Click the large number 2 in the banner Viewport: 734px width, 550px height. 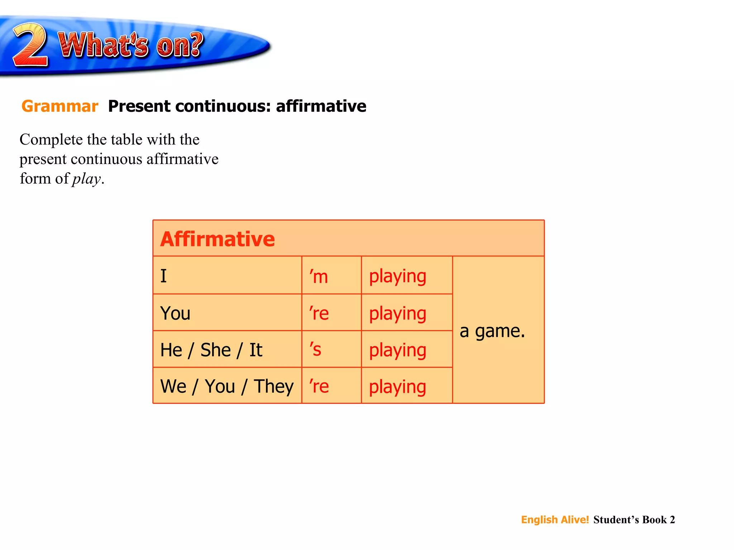click(x=30, y=45)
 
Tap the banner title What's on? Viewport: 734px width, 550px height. click(x=131, y=45)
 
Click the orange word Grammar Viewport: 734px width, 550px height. click(x=59, y=106)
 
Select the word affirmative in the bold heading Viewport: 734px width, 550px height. click(x=321, y=106)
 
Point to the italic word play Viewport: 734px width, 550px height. click(x=86, y=179)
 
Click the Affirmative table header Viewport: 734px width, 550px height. click(x=218, y=239)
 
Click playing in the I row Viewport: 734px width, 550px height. click(x=397, y=277)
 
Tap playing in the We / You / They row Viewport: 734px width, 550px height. click(x=397, y=387)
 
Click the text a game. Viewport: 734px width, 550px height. click(x=492, y=331)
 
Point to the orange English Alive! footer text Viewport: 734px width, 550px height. click(x=555, y=520)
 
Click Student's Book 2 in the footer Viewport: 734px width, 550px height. click(x=634, y=520)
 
